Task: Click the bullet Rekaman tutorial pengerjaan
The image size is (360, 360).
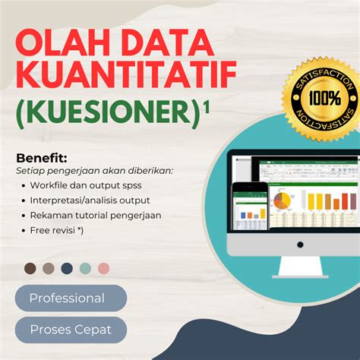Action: [95, 215]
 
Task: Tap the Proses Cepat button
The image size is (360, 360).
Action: [70, 330]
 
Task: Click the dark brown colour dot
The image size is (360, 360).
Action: [30, 268]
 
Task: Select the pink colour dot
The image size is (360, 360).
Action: [103, 268]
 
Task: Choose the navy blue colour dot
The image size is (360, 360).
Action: [67, 268]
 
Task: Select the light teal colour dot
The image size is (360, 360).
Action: [85, 268]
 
